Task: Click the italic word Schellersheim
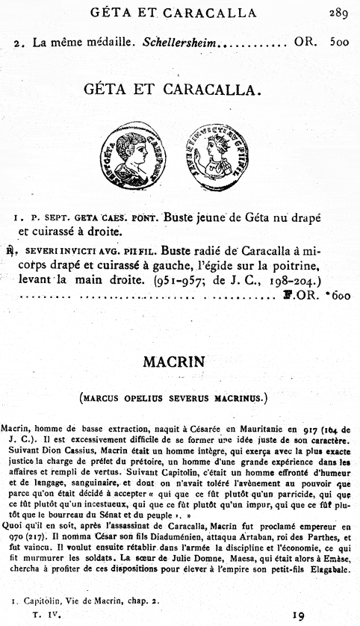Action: click(179, 43)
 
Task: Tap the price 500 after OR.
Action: click(338, 43)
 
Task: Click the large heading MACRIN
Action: click(180, 364)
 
